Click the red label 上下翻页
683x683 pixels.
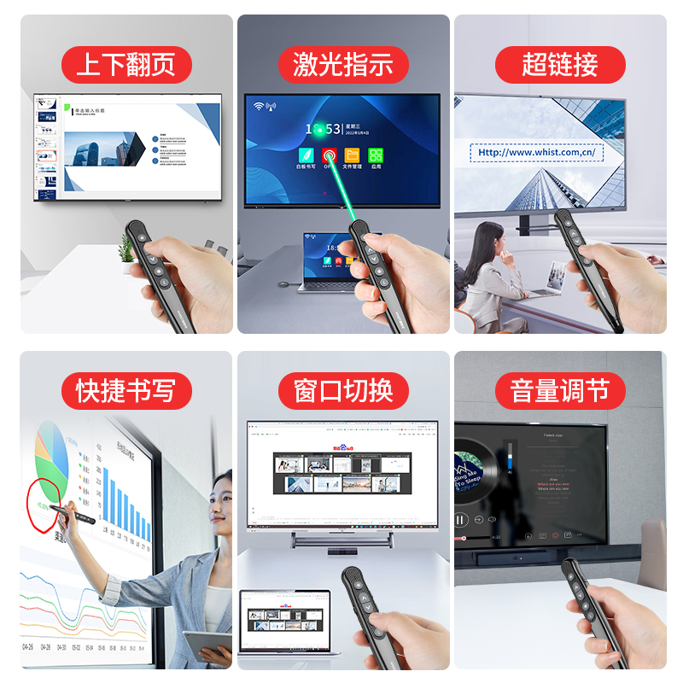coord(126,65)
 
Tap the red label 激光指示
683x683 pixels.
coord(343,65)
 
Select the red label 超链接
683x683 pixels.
coord(560,65)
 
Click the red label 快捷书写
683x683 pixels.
coord(126,391)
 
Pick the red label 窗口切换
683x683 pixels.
coord(343,391)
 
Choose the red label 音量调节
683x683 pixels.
coord(560,391)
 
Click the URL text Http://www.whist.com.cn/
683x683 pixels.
coord(537,154)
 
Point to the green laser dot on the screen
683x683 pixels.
coord(318,130)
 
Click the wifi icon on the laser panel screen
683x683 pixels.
coord(259,107)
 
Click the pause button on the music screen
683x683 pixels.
coord(462,519)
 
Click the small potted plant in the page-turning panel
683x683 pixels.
coord(126,248)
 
